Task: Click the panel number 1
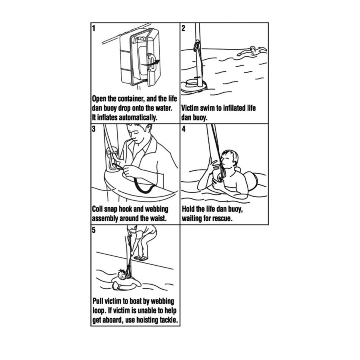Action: point(94,28)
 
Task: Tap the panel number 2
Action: point(183,28)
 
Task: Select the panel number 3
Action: point(94,129)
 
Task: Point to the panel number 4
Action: point(184,129)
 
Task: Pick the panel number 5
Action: point(94,230)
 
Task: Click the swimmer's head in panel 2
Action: point(252,49)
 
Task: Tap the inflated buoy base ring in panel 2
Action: point(193,87)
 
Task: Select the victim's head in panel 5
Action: point(122,274)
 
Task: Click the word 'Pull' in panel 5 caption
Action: point(98,301)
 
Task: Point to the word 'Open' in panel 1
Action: point(99,99)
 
